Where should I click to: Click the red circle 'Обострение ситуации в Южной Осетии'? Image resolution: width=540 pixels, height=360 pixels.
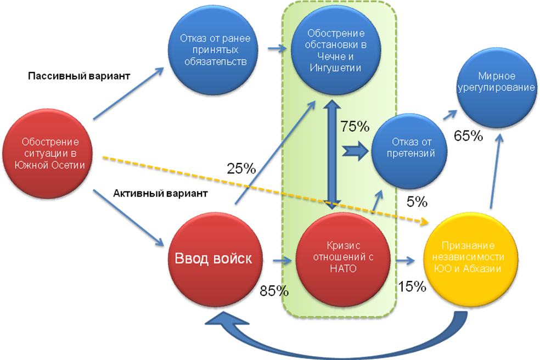tap(48, 154)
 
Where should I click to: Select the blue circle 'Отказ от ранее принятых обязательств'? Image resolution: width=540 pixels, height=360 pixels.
tap(213, 50)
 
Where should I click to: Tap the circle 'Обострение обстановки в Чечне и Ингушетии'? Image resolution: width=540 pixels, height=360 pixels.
tap(336, 50)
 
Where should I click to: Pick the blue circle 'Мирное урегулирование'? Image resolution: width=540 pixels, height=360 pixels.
tap(497, 88)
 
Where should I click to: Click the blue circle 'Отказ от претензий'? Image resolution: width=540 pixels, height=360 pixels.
tap(410, 151)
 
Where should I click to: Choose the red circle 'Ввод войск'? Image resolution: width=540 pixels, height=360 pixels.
tap(215, 260)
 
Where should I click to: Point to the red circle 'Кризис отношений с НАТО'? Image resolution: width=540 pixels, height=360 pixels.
tap(343, 260)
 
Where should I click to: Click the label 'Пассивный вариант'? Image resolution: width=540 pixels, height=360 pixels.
tap(79, 76)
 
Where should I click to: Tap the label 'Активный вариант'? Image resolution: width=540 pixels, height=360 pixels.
tap(160, 193)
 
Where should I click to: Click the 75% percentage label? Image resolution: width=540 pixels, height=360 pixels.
tap(355, 126)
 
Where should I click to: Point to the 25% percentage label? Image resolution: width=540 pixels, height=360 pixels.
tap(241, 168)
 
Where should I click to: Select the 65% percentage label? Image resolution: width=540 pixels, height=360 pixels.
tap(468, 136)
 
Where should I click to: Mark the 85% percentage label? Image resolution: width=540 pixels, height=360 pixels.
tap(274, 291)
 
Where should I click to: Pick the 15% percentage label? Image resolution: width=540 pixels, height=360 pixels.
tap(412, 286)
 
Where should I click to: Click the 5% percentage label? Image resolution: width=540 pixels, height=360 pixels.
tap(417, 201)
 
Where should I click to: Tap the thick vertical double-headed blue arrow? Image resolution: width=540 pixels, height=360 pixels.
tap(331, 154)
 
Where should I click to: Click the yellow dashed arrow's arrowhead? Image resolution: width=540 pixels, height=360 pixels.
tap(425, 222)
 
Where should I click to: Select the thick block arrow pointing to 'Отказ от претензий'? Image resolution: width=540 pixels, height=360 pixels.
tap(355, 150)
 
